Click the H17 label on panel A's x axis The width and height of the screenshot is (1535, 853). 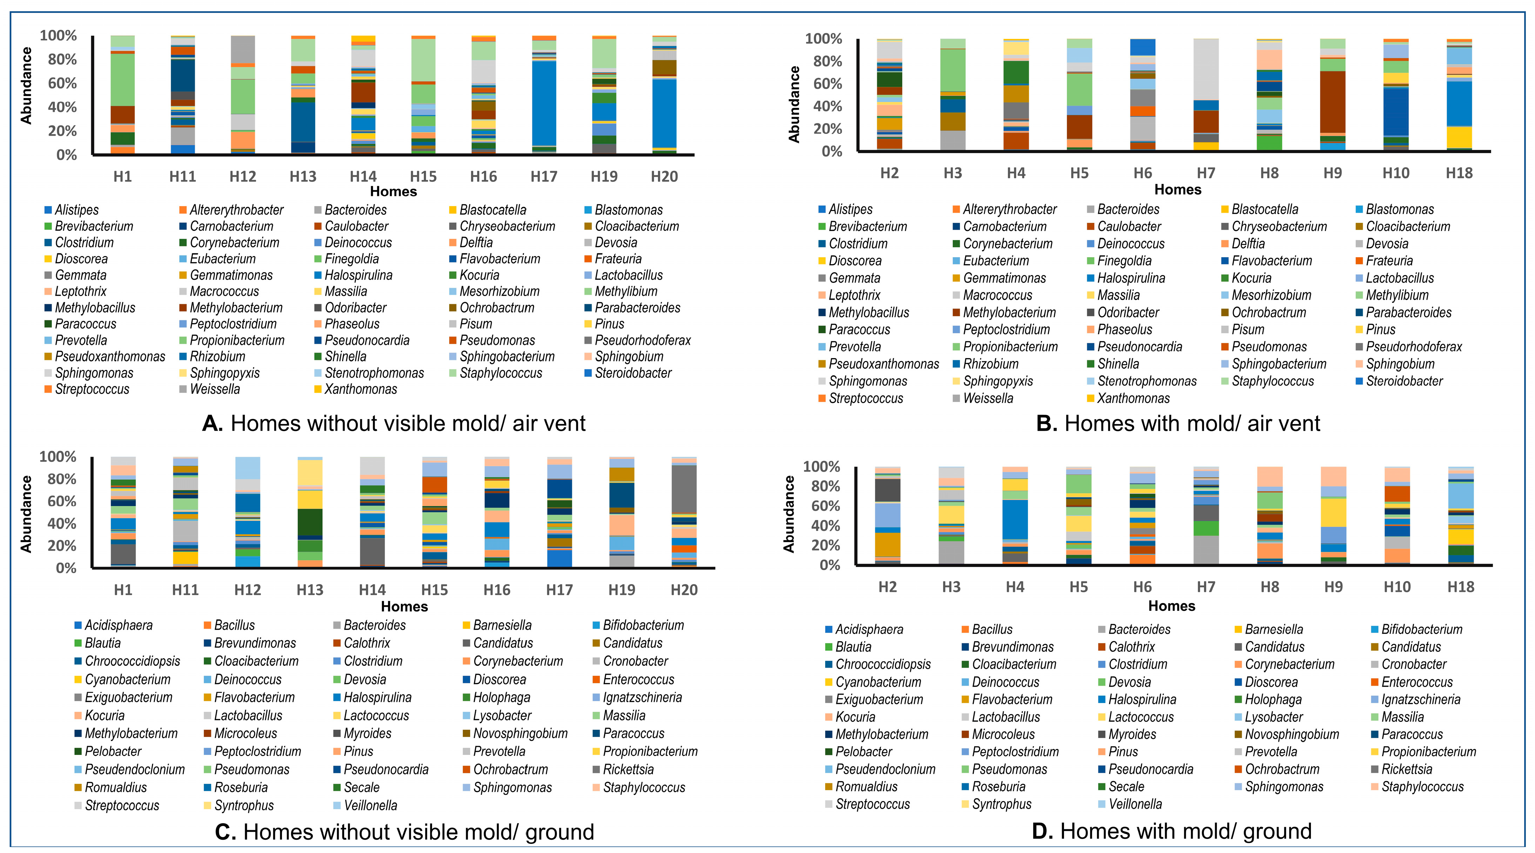click(x=544, y=176)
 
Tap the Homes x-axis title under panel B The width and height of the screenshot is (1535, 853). click(x=1178, y=190)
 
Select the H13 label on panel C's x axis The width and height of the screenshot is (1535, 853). click(x=309, y=590)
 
